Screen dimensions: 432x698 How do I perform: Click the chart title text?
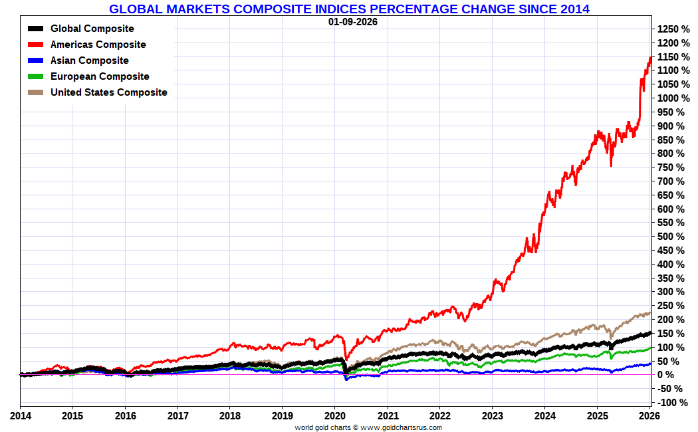(x=349, y=9)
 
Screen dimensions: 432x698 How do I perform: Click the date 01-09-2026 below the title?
(x=352, y=21)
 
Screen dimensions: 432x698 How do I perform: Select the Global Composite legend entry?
(x=92, y=29)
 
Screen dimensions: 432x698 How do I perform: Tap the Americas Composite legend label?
(x=98, y=45)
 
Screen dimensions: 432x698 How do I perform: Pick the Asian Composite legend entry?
(x=89, y=60)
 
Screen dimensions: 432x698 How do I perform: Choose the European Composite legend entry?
(x=100, y=76)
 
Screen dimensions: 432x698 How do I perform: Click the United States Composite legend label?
(x=108, y=92)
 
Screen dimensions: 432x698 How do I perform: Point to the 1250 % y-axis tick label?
(x=673, y=29)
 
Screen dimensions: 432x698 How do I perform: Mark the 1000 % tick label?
(x=673, y=98)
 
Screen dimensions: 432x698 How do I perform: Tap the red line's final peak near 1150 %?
(x=649, y=58)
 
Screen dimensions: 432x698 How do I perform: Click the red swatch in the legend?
(x=37, y=45)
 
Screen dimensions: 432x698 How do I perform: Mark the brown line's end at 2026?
(x=649, y=313)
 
